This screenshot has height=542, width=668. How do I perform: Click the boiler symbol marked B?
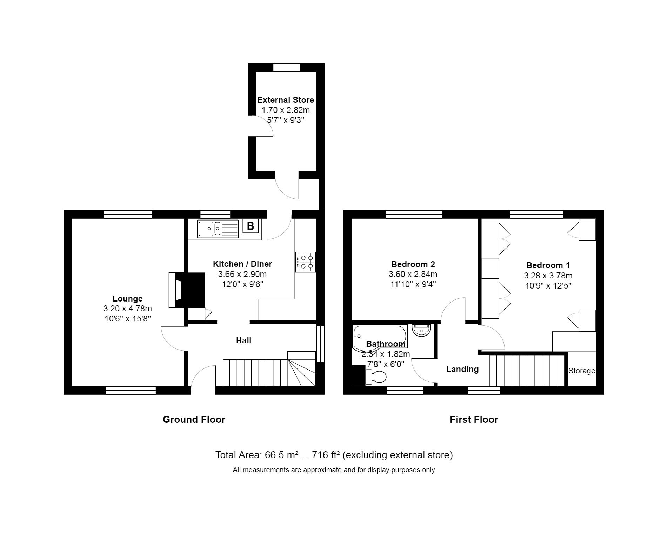click(250, 226)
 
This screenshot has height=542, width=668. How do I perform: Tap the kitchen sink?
click(218, 229)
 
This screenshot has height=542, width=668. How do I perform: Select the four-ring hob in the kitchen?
click(306, 262)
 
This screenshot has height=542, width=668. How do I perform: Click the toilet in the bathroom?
click(376, 377)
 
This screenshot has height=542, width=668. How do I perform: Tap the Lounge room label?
click(127, 299)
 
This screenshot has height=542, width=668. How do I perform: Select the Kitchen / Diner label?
click(243, 264)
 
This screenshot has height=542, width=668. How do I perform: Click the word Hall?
click(243, 340)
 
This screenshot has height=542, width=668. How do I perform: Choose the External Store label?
click(286, 100)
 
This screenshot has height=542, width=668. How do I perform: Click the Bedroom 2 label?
click(413, 264)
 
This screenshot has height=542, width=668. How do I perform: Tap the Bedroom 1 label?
click(548, 265)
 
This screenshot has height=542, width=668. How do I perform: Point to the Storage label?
click(582, 371)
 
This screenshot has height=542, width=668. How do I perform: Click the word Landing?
click(462, 369)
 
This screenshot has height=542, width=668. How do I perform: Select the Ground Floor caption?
click(194, 419)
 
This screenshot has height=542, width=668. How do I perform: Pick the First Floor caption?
click(474, 420)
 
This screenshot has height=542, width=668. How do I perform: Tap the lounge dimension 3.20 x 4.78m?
click(127, 309)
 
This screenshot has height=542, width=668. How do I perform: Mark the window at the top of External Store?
click(287, 68)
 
